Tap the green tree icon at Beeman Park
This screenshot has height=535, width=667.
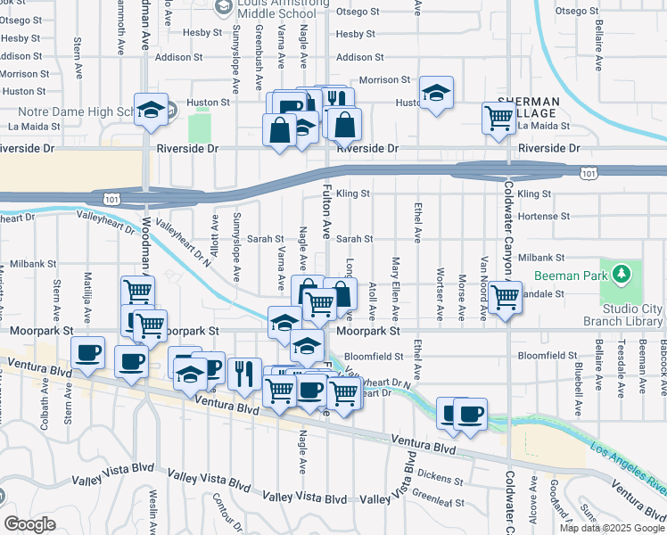[617, 273]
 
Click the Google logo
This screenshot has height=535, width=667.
[29, 523]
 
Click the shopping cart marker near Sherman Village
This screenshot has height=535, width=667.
[498, 117]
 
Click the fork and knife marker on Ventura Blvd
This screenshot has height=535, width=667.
[243, 373]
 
